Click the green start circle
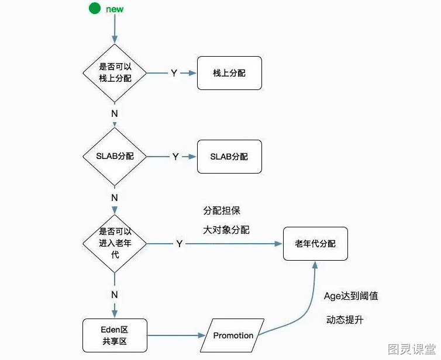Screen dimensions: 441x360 coord(95,8)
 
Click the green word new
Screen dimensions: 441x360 coord(115,9)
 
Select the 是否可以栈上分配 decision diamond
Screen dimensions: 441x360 coord(115,73)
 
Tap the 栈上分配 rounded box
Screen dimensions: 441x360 coord(229,73)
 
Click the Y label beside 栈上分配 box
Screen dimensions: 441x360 coord(174,73)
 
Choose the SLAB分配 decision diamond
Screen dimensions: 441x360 coord(115,156)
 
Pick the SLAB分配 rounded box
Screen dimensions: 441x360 coord(229,157)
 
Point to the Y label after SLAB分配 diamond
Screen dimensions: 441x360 coord(175,157)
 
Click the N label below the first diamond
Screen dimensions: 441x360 coord(115,113)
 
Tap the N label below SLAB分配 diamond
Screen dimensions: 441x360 coord(115,198)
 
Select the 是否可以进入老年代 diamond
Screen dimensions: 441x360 coord(115,243)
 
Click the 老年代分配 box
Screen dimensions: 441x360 coord(316,244)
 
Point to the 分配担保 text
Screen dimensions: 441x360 coord(222,211)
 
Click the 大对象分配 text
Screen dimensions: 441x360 coord(226,230)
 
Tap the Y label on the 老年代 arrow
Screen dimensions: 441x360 coord(180,244)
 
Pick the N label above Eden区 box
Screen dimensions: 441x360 coord(115,295)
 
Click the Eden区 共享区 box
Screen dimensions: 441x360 coord(115,335)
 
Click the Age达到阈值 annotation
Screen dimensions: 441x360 coord(351,296)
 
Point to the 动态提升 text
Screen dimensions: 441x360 coord(345,320)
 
